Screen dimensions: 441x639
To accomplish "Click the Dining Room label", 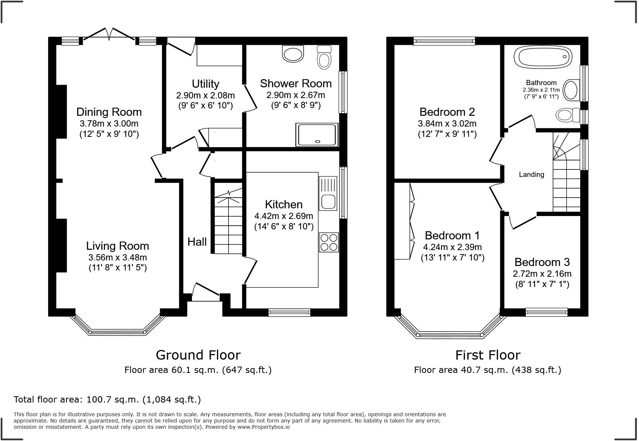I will point(109,112).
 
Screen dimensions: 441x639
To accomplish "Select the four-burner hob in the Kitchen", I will point(328,242).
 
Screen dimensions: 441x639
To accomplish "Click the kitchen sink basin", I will point(328,202).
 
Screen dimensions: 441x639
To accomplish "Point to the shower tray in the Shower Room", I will point(317,135).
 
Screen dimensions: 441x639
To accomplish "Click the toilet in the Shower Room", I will point(324,58).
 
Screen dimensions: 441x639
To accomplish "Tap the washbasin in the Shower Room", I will point(293,54).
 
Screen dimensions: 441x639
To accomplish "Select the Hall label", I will point(197,242).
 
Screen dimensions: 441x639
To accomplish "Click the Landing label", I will point(531,174).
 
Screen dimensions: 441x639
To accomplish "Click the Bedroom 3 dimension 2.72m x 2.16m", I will point(542,274).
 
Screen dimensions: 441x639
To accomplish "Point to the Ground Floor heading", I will point(198,355).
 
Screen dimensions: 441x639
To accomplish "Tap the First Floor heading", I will point(487,355).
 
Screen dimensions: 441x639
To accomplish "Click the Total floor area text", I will point(107,399).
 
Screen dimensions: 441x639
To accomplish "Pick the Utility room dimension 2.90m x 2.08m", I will point(205,95).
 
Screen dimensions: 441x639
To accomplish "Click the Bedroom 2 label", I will point(447,112).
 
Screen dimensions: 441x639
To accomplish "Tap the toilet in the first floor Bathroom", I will point(568,115).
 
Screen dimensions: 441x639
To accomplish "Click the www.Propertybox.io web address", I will point(263,427).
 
